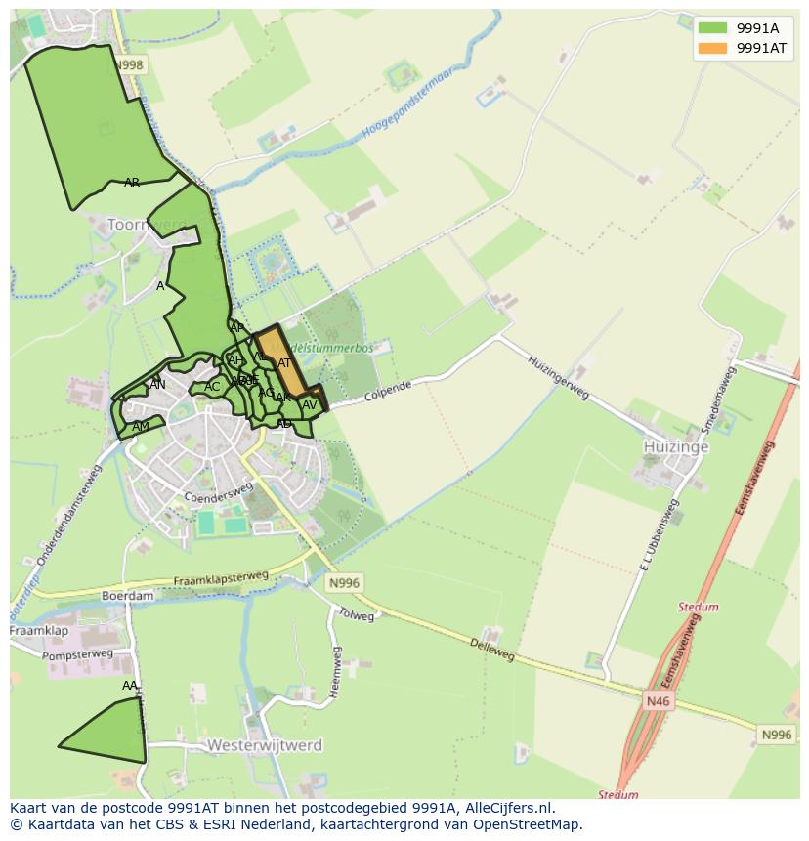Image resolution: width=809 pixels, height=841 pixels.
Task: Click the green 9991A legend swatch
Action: [x=713, y=28]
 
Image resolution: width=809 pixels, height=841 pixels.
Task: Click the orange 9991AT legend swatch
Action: [x=713, y=49]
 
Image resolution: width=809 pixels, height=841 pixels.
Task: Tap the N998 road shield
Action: [x=128, y=65]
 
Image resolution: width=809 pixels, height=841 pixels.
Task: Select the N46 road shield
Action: [x=658, y=700]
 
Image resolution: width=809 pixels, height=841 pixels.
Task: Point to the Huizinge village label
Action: [x=668, y=446]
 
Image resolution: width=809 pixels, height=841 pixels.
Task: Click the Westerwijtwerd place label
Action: [x=265, y=745]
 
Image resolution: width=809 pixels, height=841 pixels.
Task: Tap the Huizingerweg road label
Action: [x=559, y=375]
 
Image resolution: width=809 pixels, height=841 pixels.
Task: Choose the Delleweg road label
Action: [x=491, y=650]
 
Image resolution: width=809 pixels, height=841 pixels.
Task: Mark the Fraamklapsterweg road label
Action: [x=221, y=579]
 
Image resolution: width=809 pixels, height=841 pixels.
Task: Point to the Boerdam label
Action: [x=128, y=595]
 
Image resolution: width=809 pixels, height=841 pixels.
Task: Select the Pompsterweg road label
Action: [x=78, y=655]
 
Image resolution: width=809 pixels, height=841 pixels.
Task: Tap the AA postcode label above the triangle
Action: [x=130, y=686]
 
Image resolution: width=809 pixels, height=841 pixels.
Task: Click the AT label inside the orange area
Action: [x=284, y=363]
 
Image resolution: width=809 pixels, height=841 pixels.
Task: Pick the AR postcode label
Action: [x=132, y=183]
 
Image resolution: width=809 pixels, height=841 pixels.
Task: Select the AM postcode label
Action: [x=141, y=427]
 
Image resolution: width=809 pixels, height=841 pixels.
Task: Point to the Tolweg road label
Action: [x=356, y=616]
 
